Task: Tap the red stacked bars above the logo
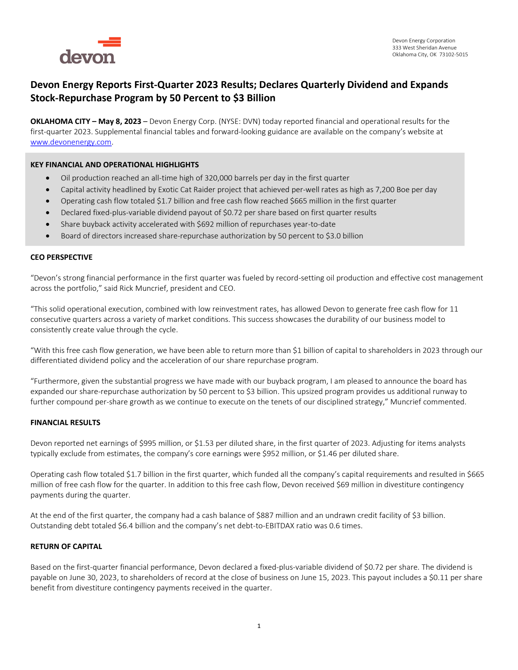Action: point(110,42)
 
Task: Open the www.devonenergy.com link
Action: point(71,142)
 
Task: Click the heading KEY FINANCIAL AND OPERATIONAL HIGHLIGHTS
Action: point(115,165)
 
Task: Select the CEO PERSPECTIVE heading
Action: point(62,257)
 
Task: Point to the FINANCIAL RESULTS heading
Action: point(65,423)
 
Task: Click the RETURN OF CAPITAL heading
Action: point(66,546)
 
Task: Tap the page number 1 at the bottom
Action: point(259,626)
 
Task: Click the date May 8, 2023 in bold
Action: point(120,121)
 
